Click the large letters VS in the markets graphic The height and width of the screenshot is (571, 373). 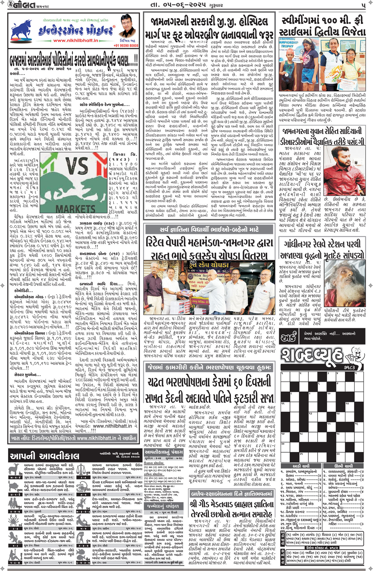coord(76,166)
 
